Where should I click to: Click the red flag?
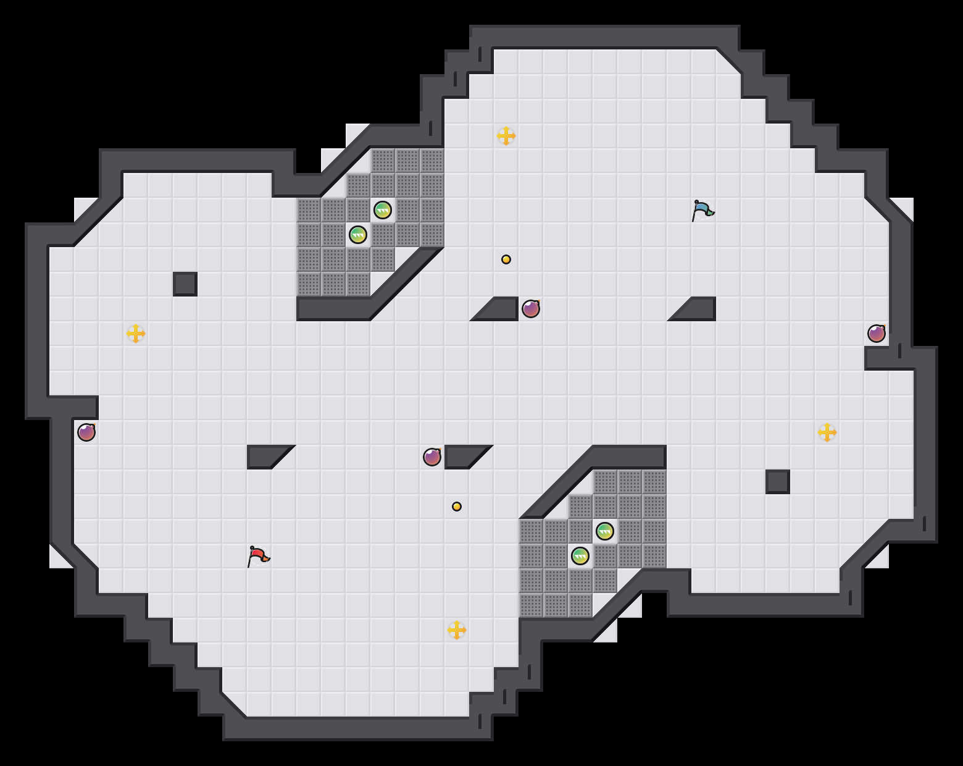click(258, 556)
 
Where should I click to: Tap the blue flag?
click(702, 210)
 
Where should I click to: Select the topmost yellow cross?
click(506, 136)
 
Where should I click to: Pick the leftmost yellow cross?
click(136, 334)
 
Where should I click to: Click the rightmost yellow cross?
click(827, 432)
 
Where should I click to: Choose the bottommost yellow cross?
click(457, 630)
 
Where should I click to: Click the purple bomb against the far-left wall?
click(86, 432)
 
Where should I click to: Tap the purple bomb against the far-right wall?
click(877, 334)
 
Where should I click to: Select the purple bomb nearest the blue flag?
click(531, 309)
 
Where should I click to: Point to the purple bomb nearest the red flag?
click(432, 457)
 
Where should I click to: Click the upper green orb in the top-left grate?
click(383, 210)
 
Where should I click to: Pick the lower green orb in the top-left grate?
click(358, 235)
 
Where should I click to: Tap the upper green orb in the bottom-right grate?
click(605, 531)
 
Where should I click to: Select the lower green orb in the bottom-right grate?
click(580, 556)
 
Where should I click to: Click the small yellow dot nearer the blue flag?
click(506, 259)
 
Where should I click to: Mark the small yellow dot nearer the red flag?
click(457, 507)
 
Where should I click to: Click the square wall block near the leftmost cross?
click(185, 284)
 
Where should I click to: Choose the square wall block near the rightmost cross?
click(778, 482)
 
